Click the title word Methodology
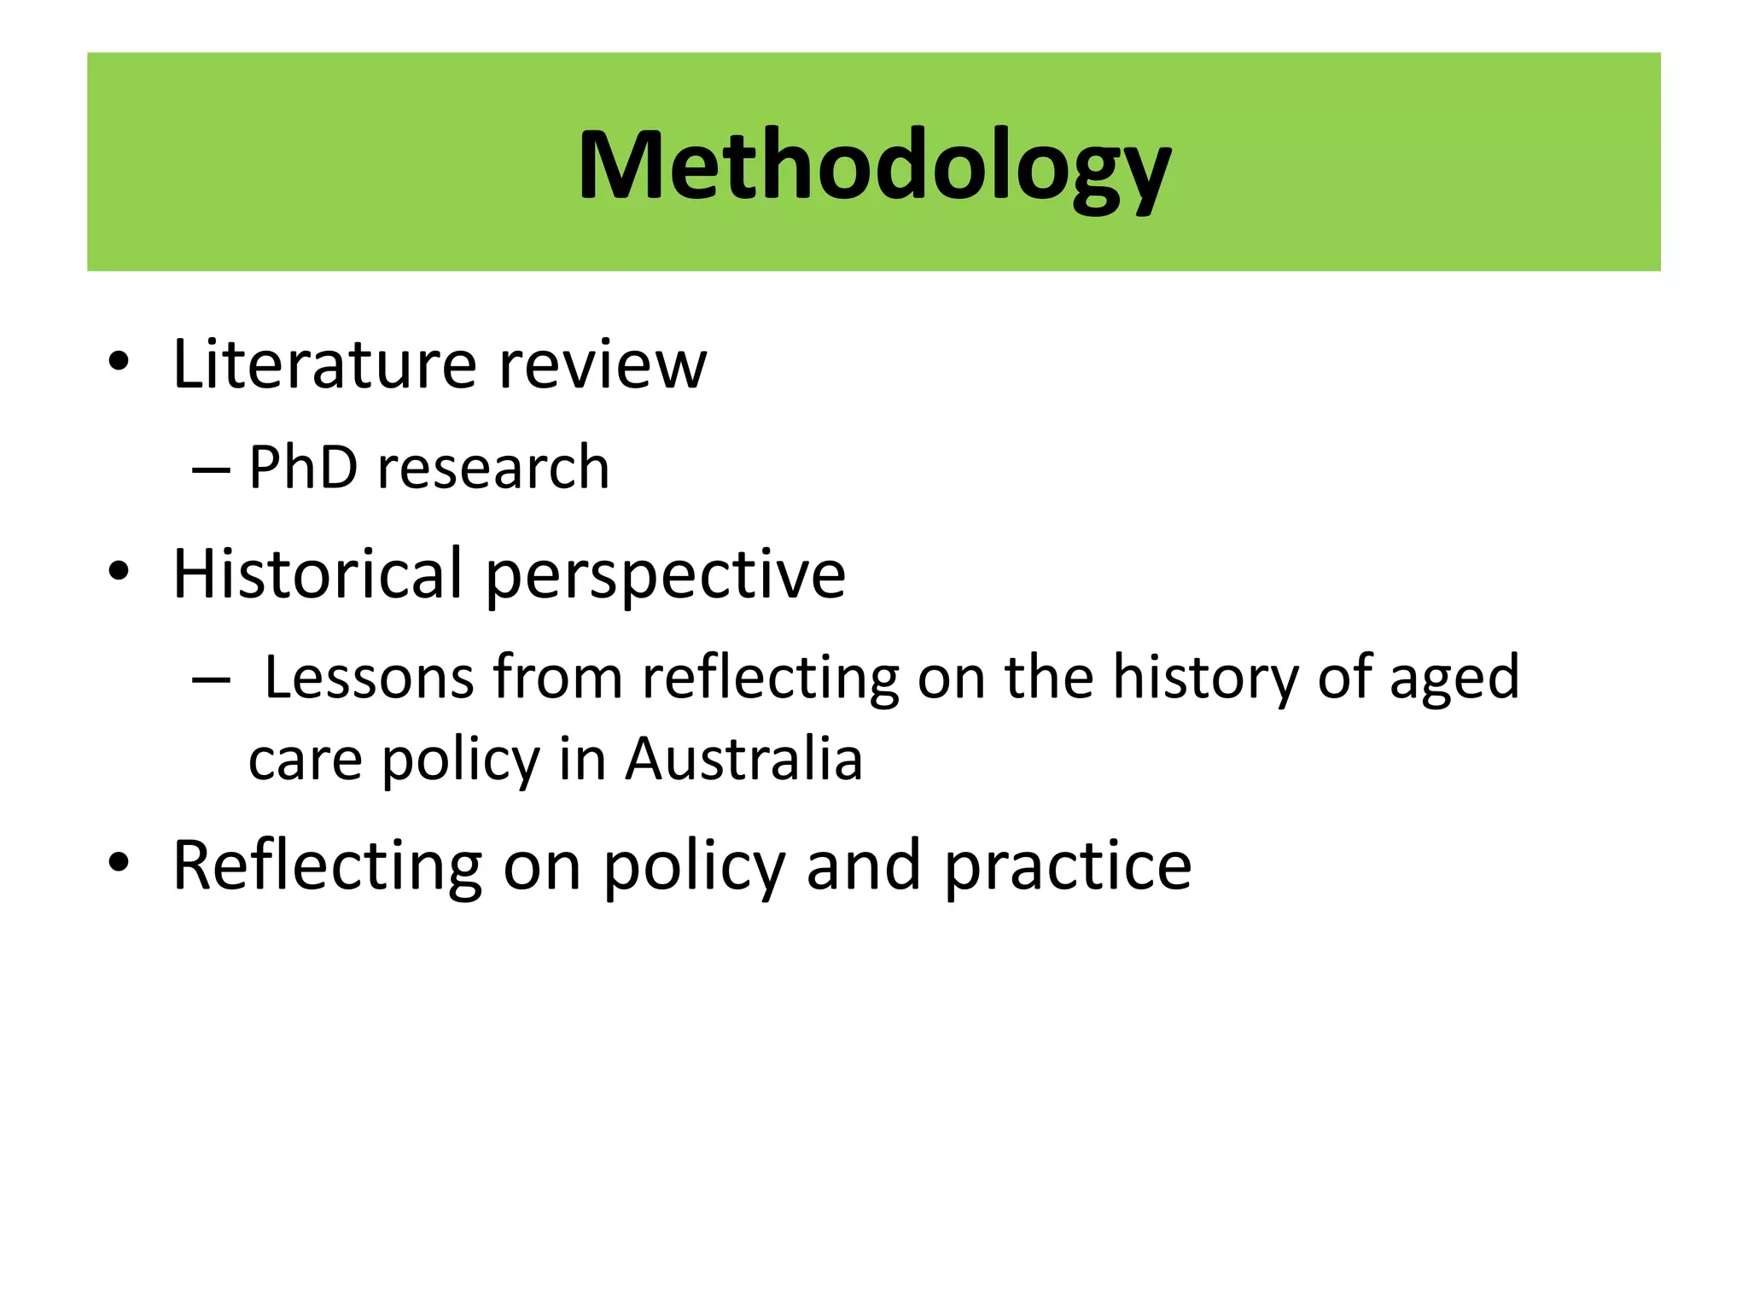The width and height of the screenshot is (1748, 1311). pos(873,166)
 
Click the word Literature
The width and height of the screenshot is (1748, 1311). pos(323,364)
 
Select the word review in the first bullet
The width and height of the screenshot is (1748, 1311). pos(603,364)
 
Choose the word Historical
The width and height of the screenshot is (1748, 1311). pos(318,574)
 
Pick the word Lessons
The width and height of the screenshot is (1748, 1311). pos(369,677)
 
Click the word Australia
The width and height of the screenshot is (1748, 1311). pos(743,759)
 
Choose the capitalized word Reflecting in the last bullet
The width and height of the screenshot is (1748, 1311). pos(328,866)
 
